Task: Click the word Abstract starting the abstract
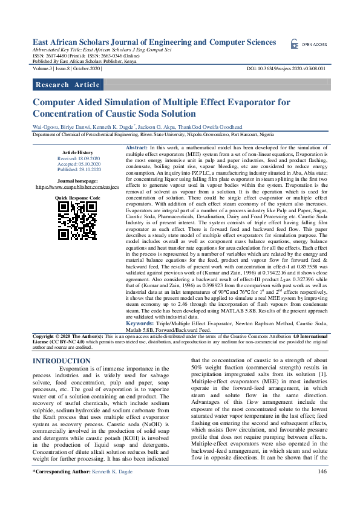(136, 148)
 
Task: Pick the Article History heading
(77, 152)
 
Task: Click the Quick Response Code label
(77, 198)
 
